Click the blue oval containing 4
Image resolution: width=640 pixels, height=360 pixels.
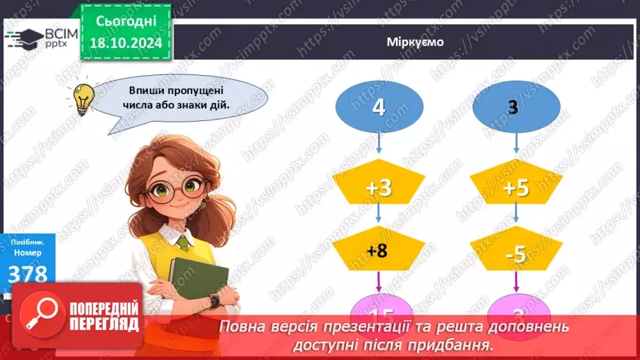click(378, 108)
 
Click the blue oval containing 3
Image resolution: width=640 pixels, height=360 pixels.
click(515, 108)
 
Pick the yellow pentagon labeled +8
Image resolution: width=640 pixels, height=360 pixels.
click(378, 252)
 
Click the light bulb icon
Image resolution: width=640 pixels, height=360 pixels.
click(84, 98)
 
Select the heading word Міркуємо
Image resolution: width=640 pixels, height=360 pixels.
click(415, 42)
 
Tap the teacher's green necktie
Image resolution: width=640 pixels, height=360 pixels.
click(183, 243)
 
